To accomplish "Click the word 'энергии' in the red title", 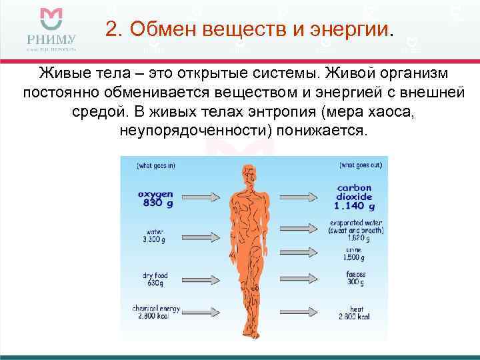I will pyautogui.click(x=355, y=30).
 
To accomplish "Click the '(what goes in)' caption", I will pyautogui.click(x=156, y=165).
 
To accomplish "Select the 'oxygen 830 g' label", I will pyautogui.click(x=155, y=199).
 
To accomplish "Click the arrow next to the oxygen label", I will pyautogui.click(x=199, y=197).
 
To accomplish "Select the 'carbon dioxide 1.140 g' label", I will pyautogui.click(x=355, y=197).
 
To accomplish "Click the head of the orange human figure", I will pyautogui.click(x=249, y=175).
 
